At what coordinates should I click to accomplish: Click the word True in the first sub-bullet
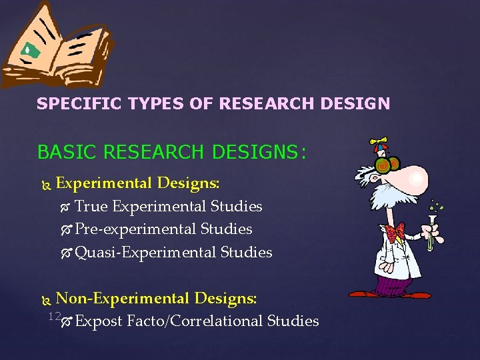(91, 207)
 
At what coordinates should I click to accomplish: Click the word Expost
(98, 321)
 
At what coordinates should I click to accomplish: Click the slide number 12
(55, 315)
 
